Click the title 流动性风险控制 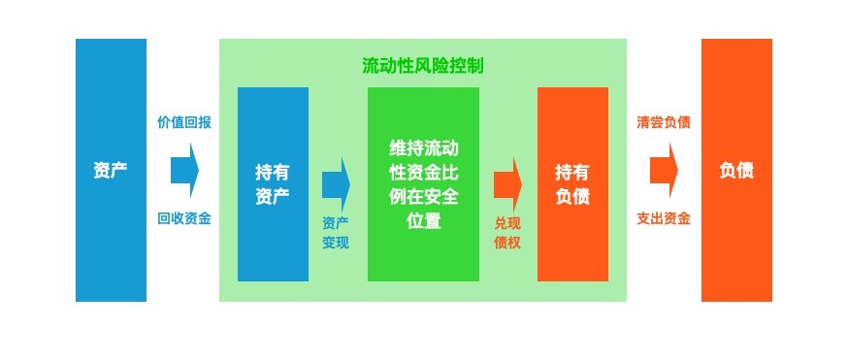pyautogui.click(x=422, y=66)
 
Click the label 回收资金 pyautogui.click(x=184, y=218)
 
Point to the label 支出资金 pyautogui.click(x=664, y=218)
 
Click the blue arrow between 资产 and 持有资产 pyautogui.click(x=184, y=170)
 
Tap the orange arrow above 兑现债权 pyautogui.click(x=507, y=184)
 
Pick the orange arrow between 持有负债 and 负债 pyautogui.click(x=664, y=170)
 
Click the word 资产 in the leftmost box pyautogui.click(x=111, y=171)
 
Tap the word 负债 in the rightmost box pyautogui.click(x=736, y=171)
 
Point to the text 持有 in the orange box pyautogui.click(x=572, y=173)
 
